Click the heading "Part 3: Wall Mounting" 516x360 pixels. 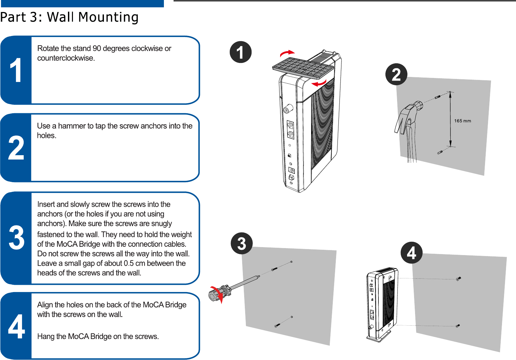pyautogui.click(x=69, y=17)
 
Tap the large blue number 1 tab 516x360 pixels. pyautogui.click(x=16, y=70)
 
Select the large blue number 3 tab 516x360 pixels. pyautogui.click(x=16, y=238)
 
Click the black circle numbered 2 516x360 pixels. pyautogui.click(x=396, y=74)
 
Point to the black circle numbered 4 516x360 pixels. pyautogui.click(x=411, y=253)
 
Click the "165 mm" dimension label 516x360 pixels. pyautogui.click(x=462, y=121)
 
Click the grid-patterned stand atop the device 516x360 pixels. pyautogui.click(x=303, y=68)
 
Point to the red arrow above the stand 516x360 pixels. pyautogui.click(x=287, y=53)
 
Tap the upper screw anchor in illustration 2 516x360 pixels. pyautogui.click(x=438, y=97)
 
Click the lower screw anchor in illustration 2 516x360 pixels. pyautogui.click(x=440, y=152)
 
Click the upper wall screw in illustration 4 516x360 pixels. pyautogui.click(x=458, y=279)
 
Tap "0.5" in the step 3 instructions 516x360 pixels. pyautogui.click(x=129, y=263)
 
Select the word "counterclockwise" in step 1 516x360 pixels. pyautogui.click(x=66, y=58)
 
